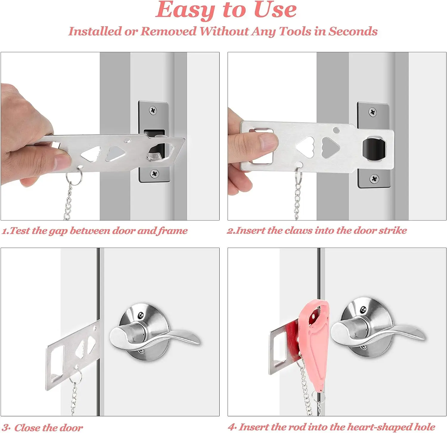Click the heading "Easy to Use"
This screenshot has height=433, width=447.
(x=226, y=11)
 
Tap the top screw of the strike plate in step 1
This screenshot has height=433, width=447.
(x=153, y=110)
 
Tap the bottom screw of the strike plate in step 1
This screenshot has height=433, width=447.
(x=154, y=173)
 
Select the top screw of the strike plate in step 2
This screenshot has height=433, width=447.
(x=372, y=112)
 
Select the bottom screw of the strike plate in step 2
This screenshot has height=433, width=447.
(x=374, y=178)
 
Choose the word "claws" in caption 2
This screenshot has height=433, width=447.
(x=298, y=230)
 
